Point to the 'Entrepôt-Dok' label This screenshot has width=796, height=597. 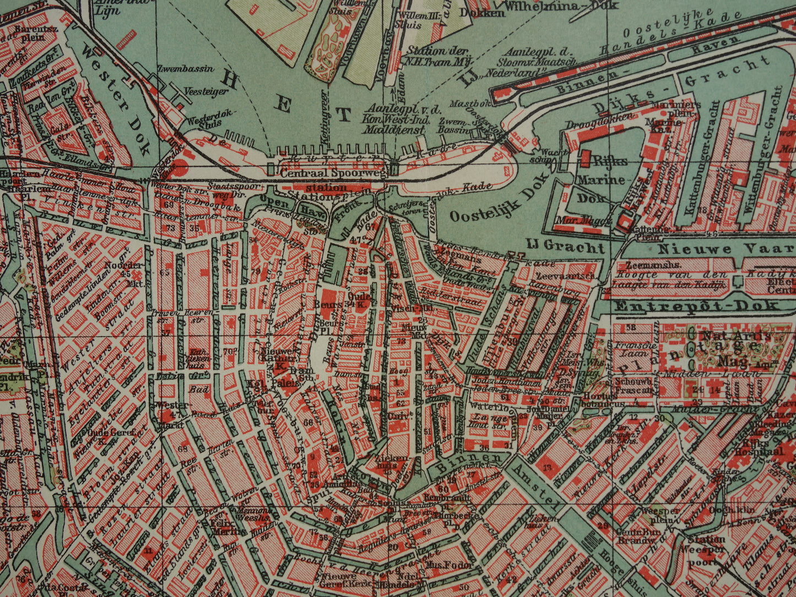(696, 306)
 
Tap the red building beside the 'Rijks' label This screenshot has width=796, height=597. (586, 158)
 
